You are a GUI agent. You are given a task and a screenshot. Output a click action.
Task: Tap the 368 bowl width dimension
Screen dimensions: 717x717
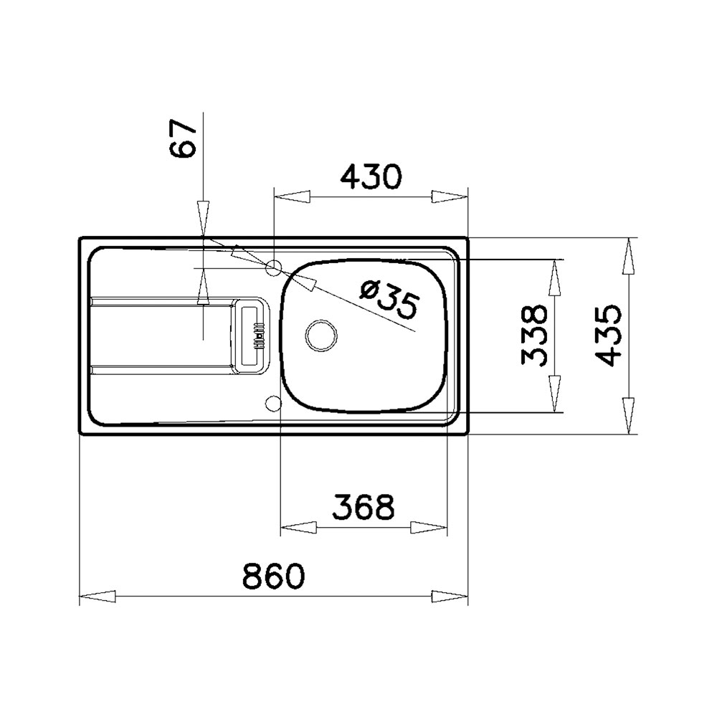(364, 507)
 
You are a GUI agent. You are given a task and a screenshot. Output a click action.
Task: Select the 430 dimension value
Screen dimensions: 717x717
(371, 176)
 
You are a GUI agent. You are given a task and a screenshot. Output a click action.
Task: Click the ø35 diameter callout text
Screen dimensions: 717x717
(389, 299)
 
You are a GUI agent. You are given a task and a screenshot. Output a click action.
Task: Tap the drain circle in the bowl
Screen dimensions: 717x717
(321, 335)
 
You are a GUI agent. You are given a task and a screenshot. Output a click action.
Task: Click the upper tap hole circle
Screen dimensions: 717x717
(273, 268)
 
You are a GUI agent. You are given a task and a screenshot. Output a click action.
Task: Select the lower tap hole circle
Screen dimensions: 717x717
(273, 403)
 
